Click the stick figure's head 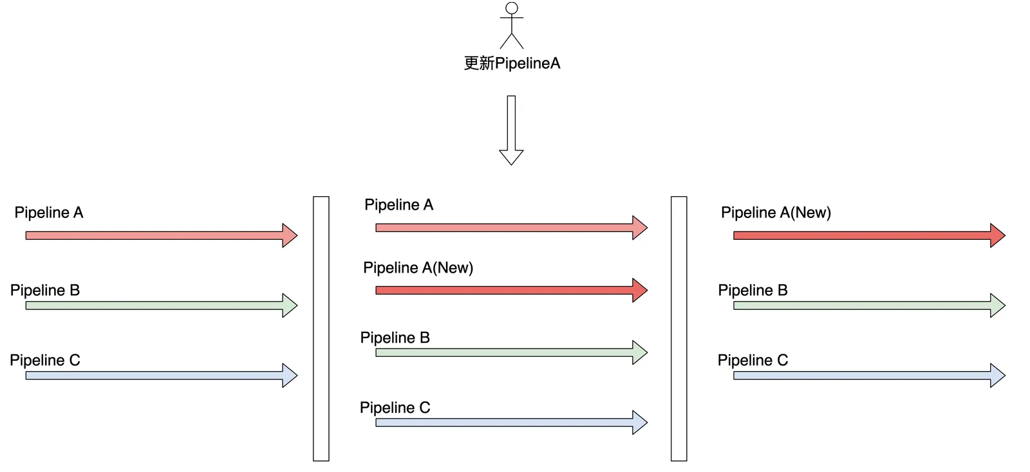512,8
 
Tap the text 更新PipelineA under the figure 512,63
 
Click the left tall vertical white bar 321,329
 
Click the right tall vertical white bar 679,329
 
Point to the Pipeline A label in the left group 49,213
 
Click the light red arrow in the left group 161,235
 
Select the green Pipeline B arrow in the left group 161,305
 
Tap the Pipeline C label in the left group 45,360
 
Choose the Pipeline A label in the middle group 398,205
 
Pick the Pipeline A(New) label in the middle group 418,268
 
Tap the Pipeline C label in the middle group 395,408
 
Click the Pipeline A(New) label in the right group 776,213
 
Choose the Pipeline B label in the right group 753,291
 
